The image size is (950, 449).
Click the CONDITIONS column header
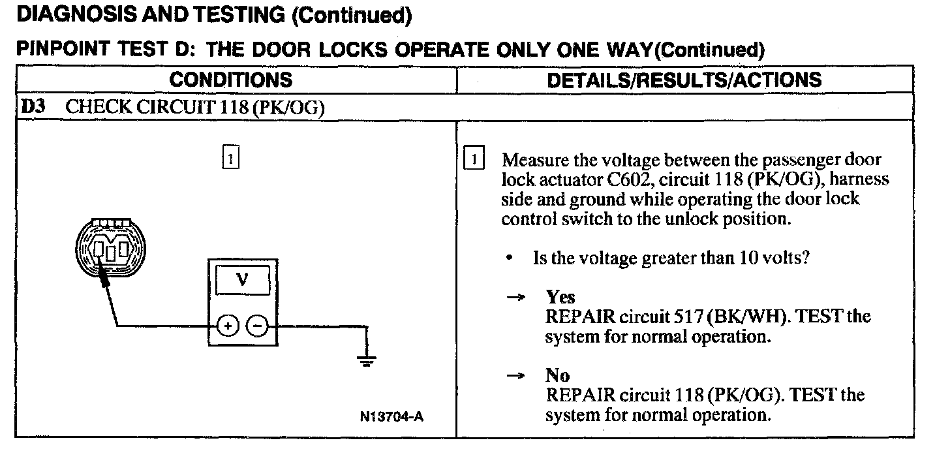(231, 80)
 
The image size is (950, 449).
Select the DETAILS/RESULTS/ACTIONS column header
(684, 80)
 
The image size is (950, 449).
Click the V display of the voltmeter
(242, 280)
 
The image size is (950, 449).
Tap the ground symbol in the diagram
(367, 360)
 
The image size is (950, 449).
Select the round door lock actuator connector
(110, 247)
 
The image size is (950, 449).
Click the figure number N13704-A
(390, 416)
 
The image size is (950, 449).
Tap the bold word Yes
(560, 298)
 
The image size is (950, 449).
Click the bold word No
(557, 376)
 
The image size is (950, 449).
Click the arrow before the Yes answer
(516, 298)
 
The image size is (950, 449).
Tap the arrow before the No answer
(516, 376)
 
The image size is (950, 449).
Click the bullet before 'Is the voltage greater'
(509, 259)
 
